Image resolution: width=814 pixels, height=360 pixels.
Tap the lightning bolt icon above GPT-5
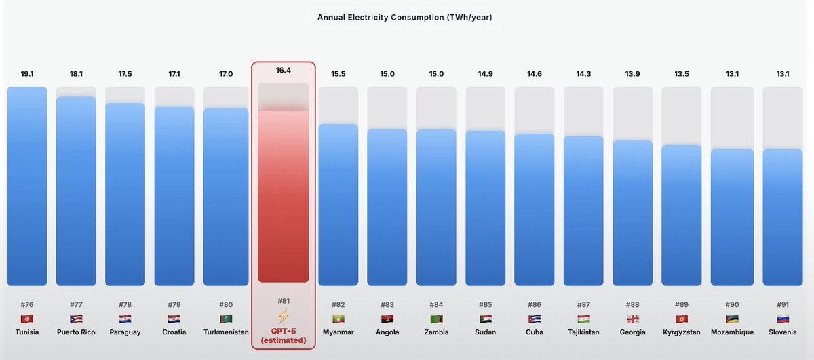tap(284, 317)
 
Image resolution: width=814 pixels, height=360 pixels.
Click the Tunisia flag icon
tap(27, 319)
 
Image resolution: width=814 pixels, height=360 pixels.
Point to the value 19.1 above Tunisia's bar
tap(27, 73)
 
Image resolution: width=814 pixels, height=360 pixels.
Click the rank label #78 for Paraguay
tap(125, 305)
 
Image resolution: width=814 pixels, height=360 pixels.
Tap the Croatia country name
tap(174, 332)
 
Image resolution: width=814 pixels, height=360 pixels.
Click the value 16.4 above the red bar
tap(284, 70)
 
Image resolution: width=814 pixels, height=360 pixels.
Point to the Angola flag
tap(387, 319)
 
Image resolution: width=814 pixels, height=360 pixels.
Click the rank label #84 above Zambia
tap(436, 305)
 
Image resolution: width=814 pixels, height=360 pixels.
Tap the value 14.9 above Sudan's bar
tap(485, 73)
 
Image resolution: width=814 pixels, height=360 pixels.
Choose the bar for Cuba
tap(535, 209)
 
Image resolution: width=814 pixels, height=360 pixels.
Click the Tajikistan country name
tap(583, 332)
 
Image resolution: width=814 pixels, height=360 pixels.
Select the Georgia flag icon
tap(632, 319)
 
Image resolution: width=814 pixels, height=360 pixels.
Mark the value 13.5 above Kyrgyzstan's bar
tap(681, 73)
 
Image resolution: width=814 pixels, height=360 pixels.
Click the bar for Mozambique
tap(732, 217)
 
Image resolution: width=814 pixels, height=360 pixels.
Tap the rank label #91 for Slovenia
tap(782, 305)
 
